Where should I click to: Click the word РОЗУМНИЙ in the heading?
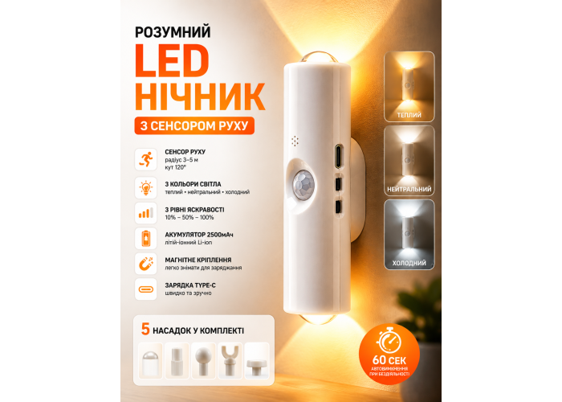click(x=173, y=32)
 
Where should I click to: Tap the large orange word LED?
click(x=172, y=61)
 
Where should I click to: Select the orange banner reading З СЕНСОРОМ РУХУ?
click(x=194, y=125)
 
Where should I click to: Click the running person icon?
click(x=146, y=159)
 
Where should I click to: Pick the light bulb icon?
click(x=146, y=187)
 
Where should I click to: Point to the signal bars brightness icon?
click(x=146, y=213)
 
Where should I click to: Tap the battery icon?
click(x=146, y=238)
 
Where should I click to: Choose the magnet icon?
click(x=146, y=264)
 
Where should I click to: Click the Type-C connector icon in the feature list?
click(x=146, y=289)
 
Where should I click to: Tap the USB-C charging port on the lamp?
click(x=338, y=156)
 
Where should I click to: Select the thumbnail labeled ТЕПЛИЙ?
click(x=409, y=87)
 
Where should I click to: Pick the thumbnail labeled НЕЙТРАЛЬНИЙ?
click(x=409, y=161)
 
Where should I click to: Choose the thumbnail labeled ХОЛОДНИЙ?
click(x=409, y=235)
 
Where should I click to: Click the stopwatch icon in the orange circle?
click(x=389, y=342)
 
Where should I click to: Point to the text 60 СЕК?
click(x=389, y=360)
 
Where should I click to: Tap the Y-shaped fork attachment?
click(x=230, y=361)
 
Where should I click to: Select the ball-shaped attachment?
click(x=203, y=361)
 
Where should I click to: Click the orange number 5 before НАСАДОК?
click(x=145, y=329)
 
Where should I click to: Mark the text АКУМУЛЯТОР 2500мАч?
click(x=199, y=235)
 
